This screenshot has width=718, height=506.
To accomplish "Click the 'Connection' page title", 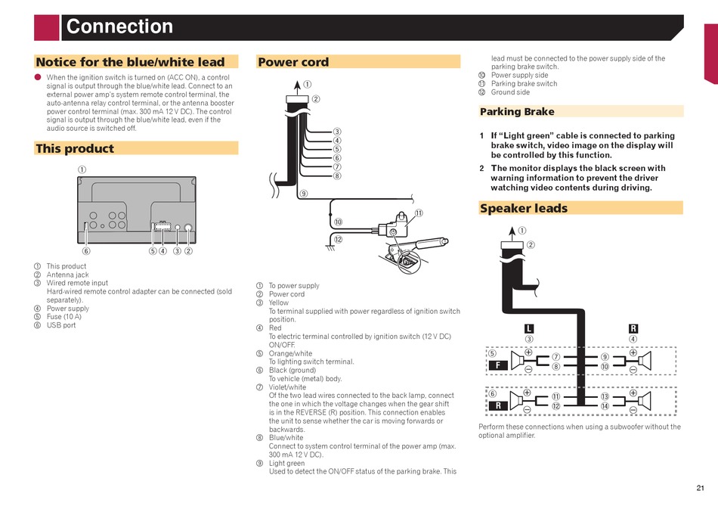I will [x=119, y=27].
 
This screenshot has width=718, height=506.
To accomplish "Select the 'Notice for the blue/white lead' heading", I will [x=130, y=62].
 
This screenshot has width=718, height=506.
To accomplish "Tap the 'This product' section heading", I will [x=74, y=148].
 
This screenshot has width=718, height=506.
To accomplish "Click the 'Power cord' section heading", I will [x=293, y=62].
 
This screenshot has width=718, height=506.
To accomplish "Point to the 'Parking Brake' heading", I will [x=517, y=112].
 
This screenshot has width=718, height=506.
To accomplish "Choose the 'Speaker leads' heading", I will [x=523, y=208].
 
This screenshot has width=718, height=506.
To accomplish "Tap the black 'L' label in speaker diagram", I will [x=529, y=328].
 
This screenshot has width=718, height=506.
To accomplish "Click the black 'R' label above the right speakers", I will [x=633, y=328].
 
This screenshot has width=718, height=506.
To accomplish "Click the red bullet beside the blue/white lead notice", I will [x=37, y=77].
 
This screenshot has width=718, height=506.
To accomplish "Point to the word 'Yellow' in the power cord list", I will [x=279, y=303].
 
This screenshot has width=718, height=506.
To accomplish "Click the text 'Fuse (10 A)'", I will [x=63, y=317].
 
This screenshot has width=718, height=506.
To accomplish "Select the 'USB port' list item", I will [x=61, y=325].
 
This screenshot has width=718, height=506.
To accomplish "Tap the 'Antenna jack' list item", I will [x=67, y=275].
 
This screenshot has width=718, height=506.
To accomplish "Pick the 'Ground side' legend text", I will [x=510, y=92].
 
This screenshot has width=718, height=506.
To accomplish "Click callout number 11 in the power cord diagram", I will [x=418, y=213].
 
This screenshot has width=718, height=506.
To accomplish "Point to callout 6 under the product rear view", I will [x=86, y=251].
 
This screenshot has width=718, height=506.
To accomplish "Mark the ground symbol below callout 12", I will [x=330, y=247].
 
